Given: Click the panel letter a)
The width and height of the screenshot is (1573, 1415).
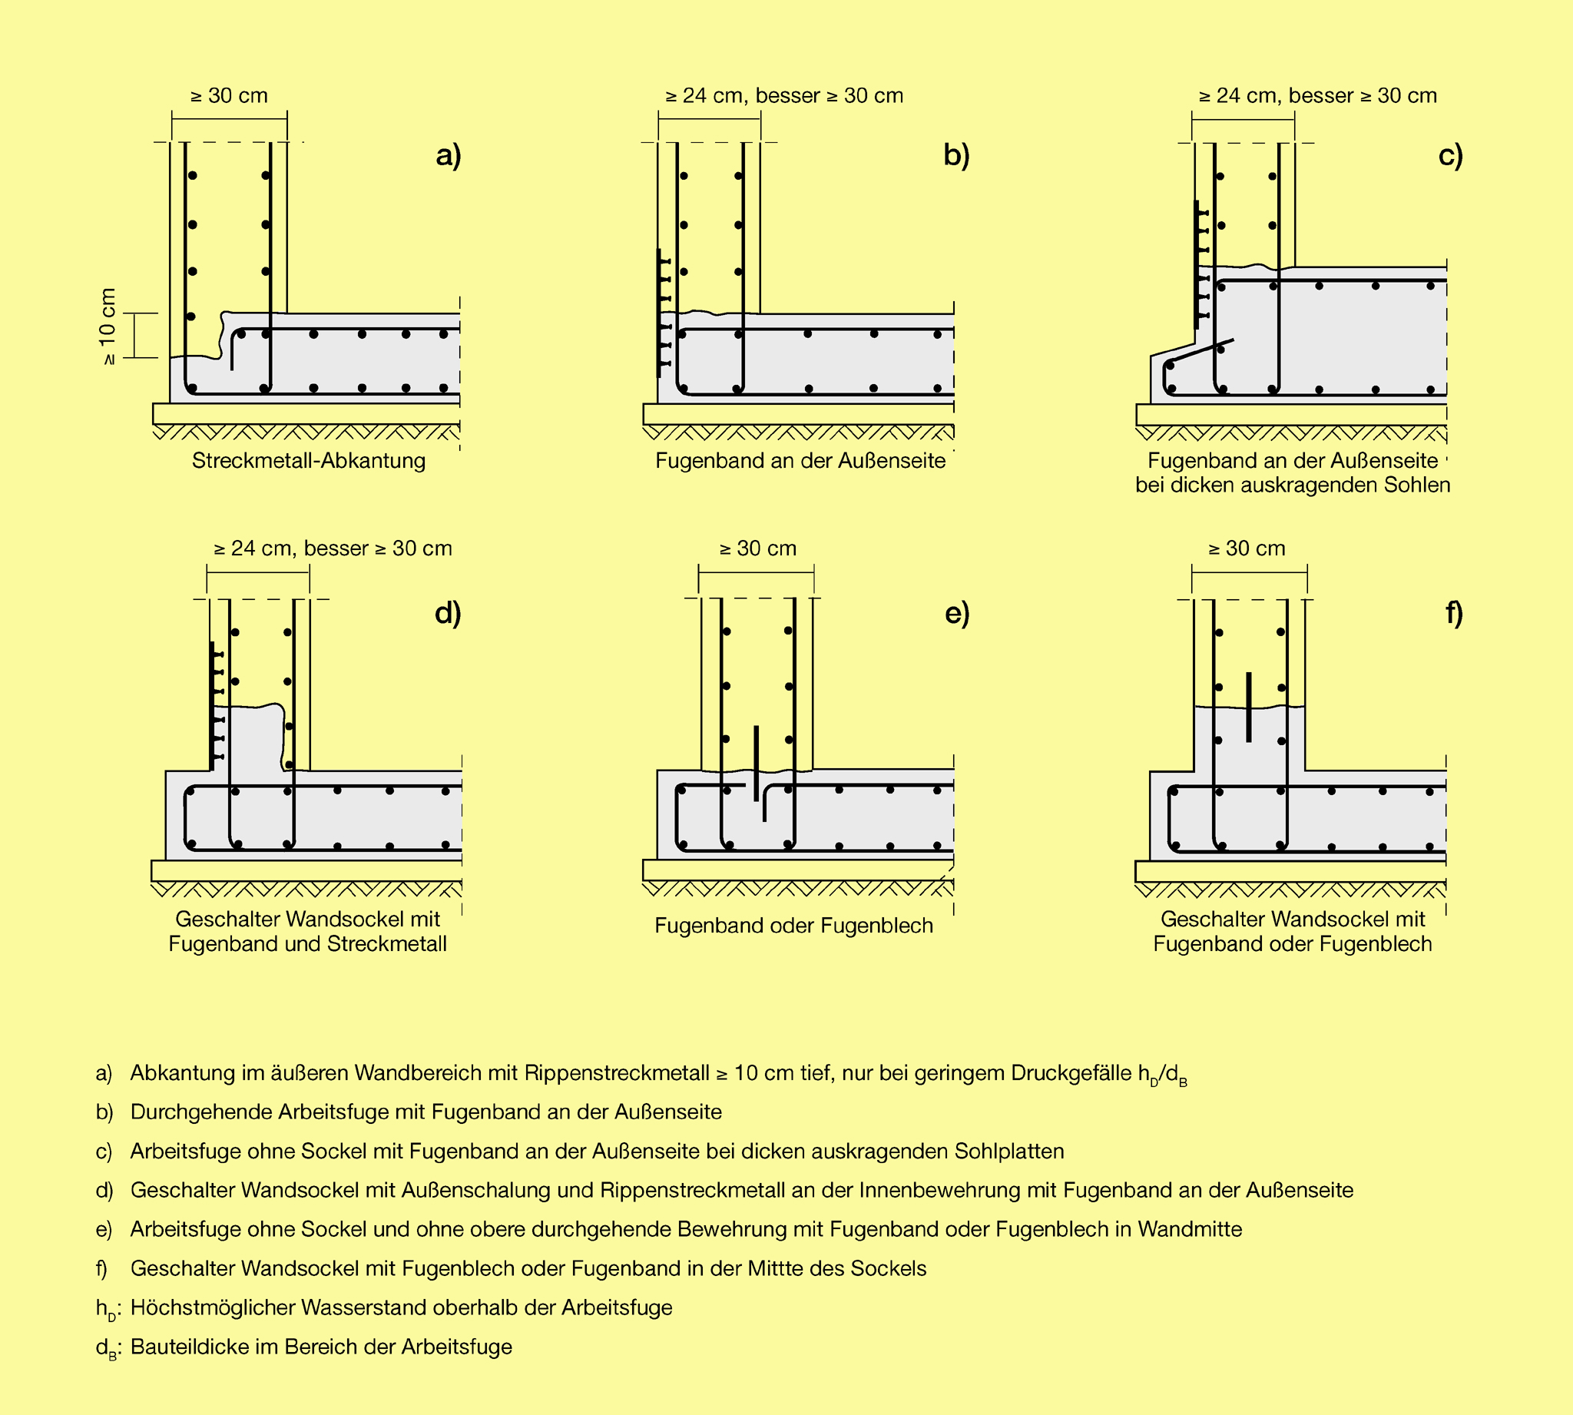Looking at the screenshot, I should click(449, 155).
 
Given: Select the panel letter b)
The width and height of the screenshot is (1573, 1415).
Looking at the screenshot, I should click(956, 155).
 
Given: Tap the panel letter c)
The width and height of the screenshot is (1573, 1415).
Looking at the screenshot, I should click(1450, 155).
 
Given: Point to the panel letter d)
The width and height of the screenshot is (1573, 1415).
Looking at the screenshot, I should click(448, 614).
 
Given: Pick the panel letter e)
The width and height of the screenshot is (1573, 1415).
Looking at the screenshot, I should click(957, 614).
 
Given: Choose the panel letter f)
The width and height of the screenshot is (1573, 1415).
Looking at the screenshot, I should click(1454, 614).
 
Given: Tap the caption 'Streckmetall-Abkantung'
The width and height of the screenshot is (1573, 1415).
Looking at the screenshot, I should click(309, 461).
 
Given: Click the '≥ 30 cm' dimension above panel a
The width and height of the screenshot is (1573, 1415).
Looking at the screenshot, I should click(229, 95).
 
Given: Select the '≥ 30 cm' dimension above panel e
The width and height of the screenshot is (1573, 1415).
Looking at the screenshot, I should click(758, 549).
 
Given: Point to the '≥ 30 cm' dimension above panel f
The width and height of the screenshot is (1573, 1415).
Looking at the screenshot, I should click(1247, 549).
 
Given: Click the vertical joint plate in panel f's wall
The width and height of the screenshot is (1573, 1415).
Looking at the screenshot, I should click(1249, 707).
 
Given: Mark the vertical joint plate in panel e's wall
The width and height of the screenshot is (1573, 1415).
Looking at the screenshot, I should click(757, 763).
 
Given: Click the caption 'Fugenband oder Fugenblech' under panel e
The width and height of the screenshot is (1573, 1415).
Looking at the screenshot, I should click(793, 926).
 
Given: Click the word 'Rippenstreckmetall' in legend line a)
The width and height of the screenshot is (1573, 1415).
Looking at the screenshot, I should click(616, 1074).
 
